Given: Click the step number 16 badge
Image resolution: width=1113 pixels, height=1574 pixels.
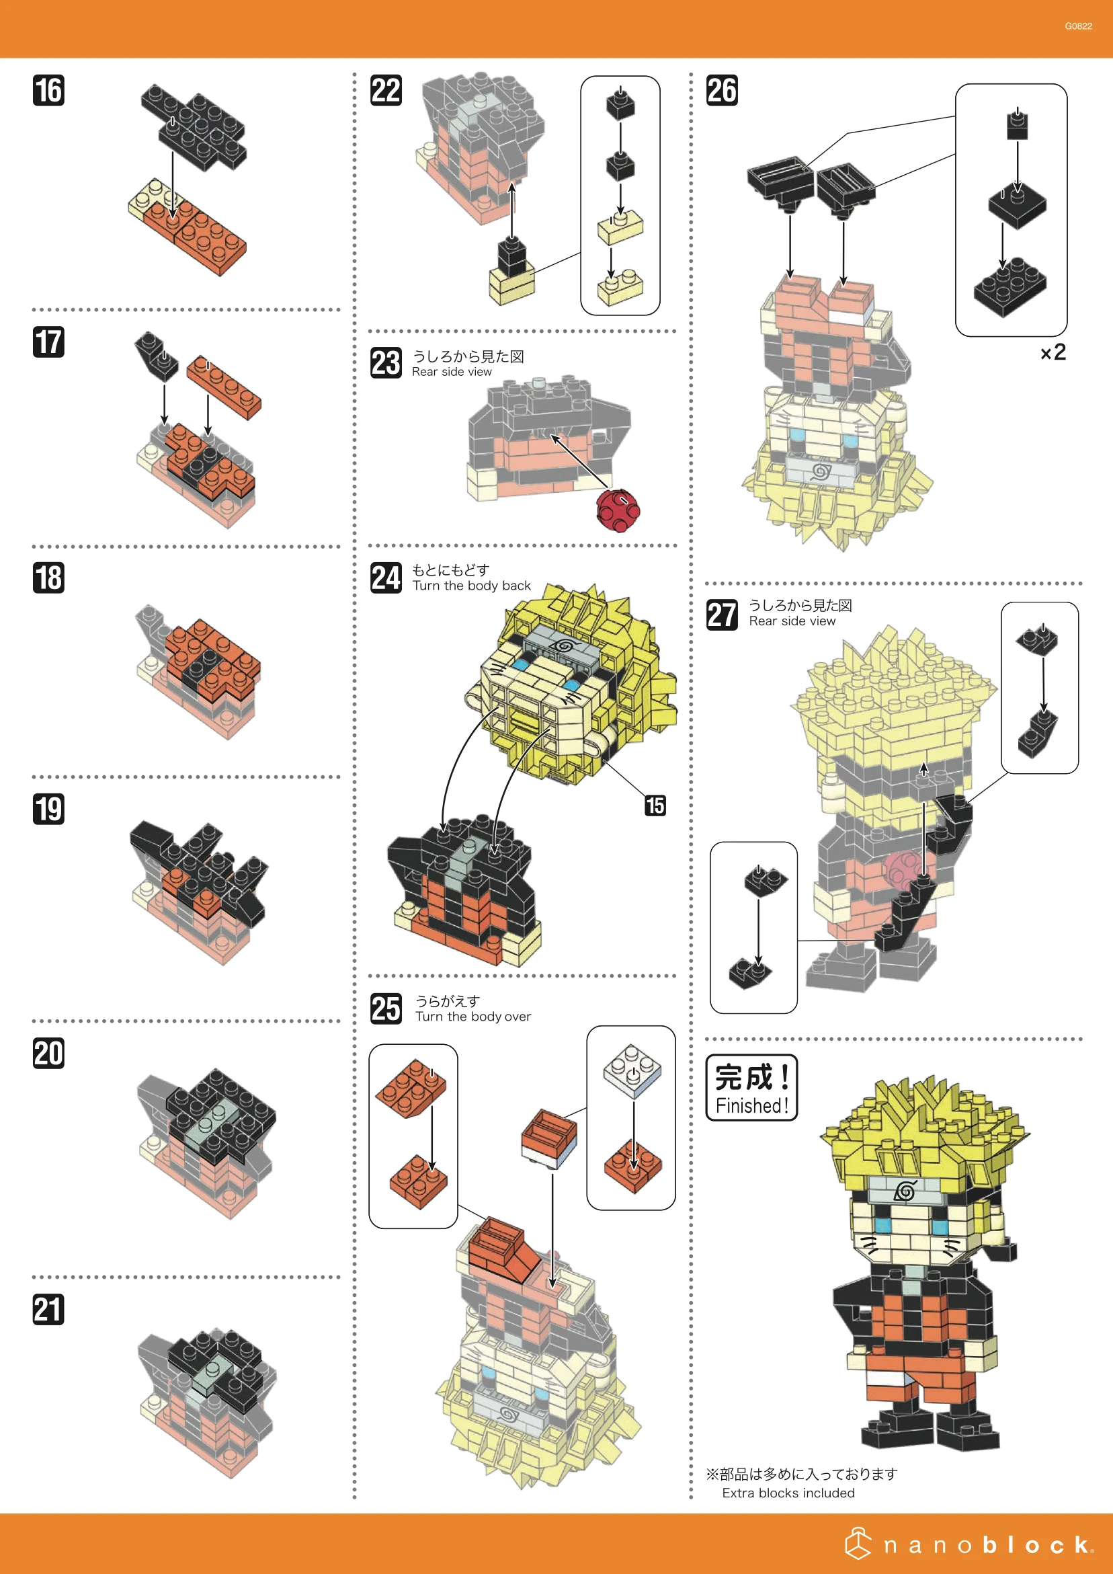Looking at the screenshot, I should tap(48, 91).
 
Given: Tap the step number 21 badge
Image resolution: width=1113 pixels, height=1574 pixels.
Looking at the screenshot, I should tap(48, 1309).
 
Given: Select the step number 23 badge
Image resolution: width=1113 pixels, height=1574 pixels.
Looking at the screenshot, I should tap(386, 362).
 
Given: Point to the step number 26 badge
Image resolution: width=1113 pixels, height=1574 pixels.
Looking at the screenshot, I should tap(722, 91).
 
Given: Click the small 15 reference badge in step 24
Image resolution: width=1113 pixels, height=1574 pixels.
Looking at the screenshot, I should tap(655, 805).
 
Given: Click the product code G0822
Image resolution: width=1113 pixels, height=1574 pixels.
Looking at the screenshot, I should tap(1078, 26).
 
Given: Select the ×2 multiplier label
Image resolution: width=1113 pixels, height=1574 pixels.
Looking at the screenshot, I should tap(1053, 352).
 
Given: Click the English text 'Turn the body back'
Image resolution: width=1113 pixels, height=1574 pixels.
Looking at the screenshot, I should tap(472, 586).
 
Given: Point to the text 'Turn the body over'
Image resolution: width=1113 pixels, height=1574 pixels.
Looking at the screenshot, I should tap(473, 1017).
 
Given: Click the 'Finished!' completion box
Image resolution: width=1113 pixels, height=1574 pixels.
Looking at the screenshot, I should tap(752, 1088).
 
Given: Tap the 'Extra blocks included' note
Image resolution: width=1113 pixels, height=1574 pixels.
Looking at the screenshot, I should tap(788, 1493).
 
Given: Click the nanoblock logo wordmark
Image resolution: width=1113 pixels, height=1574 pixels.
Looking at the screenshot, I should tap(987, 1545).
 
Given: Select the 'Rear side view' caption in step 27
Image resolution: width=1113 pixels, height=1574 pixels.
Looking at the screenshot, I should tap(792, 621).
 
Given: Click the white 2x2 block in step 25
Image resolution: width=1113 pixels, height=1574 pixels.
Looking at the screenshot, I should tap(632, 1071).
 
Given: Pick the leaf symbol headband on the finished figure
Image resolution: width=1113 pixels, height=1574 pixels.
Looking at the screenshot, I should tap(905, 1191).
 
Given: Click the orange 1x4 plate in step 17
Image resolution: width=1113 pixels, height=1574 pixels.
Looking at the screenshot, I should tap(224, 387).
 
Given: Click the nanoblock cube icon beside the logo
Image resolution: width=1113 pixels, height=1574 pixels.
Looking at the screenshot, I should tap(858, 1544).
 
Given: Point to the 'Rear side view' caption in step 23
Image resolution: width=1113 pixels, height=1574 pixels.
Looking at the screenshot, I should tap(452, 372).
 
